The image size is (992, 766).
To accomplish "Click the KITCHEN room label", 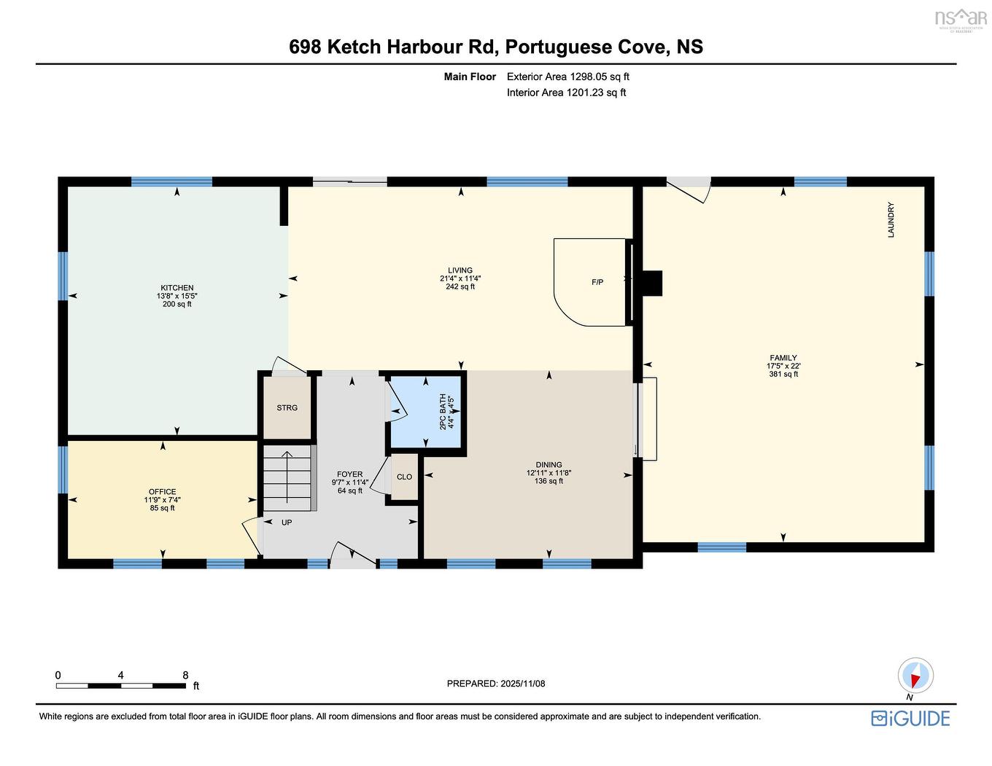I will pyautogui.click(x=177, y=288).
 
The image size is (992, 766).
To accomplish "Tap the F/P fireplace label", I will pyautogui.click(x=597, y=282).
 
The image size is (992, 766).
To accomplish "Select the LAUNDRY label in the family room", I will pyautogui.click(x=891, y=220).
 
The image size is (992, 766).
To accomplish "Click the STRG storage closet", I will pyautogui.click(x=287, y=408).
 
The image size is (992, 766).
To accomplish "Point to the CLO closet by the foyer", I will pyautogui.click(x=404, y=477).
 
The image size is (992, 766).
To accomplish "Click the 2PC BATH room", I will pyautogui.click(x=427, y=411).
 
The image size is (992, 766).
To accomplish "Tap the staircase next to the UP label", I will pyautogui.click(x=287, y=478).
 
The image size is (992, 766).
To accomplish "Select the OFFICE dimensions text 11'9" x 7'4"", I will pyautogui.click(x=162, y=500).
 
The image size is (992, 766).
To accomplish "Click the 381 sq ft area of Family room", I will pyautogui.click(x=783, y=375).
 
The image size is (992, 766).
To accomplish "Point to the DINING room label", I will pyautogui.click(x=549, y=464).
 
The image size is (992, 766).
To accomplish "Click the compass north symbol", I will pyautogui.click(x=915, y=676).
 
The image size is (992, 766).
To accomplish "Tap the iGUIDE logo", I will pyautogui.click(x=910, y=718).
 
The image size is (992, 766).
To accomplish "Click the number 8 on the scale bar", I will pyautogui.click(x=185, y=675).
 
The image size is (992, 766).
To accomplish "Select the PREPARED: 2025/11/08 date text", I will pyautogui.click(x=496, y=684).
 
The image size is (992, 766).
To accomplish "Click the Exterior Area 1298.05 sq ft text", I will pyautogui.click(x=567, y=77).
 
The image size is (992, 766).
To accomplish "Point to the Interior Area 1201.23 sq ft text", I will pyautogui.click(x=566, y=93).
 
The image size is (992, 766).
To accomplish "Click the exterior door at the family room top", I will pyautogui.click(x=689, y=188).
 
